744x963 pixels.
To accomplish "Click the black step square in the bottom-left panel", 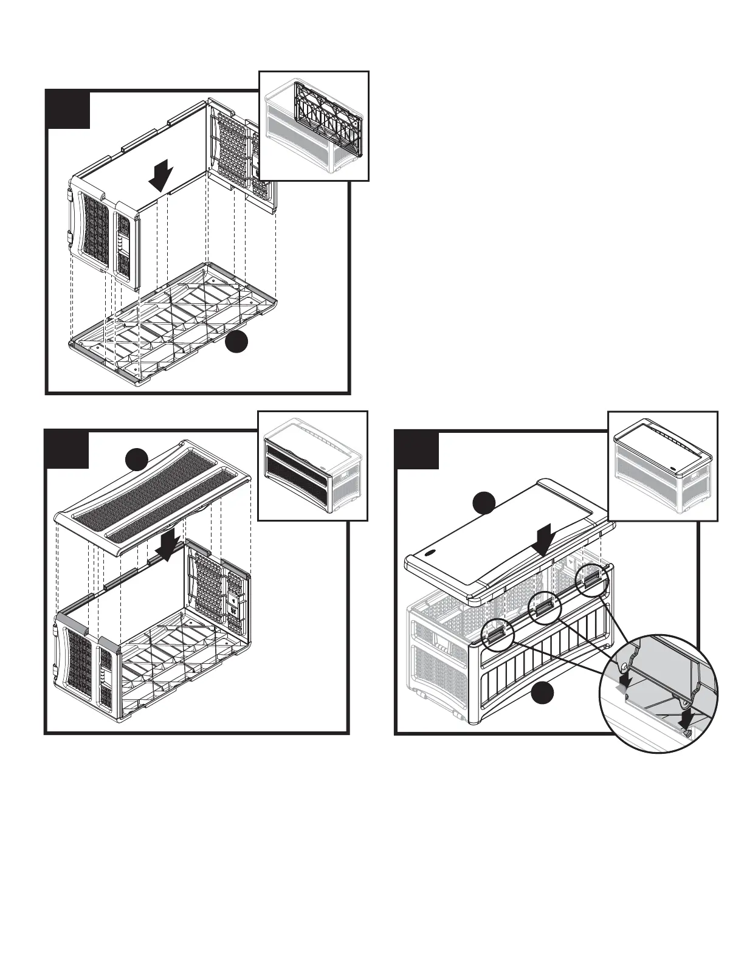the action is [67, 450].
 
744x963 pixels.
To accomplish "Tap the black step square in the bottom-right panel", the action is [417, 450].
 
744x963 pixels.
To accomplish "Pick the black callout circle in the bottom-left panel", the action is [138, 460].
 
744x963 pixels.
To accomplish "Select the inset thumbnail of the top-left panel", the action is [314, 126].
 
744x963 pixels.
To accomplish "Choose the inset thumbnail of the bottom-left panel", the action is [313, 466].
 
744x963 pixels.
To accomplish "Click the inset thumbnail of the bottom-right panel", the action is [663, 466].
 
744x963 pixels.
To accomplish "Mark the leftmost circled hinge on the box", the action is [497, 633].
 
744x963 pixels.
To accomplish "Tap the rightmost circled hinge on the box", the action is [591, 579].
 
